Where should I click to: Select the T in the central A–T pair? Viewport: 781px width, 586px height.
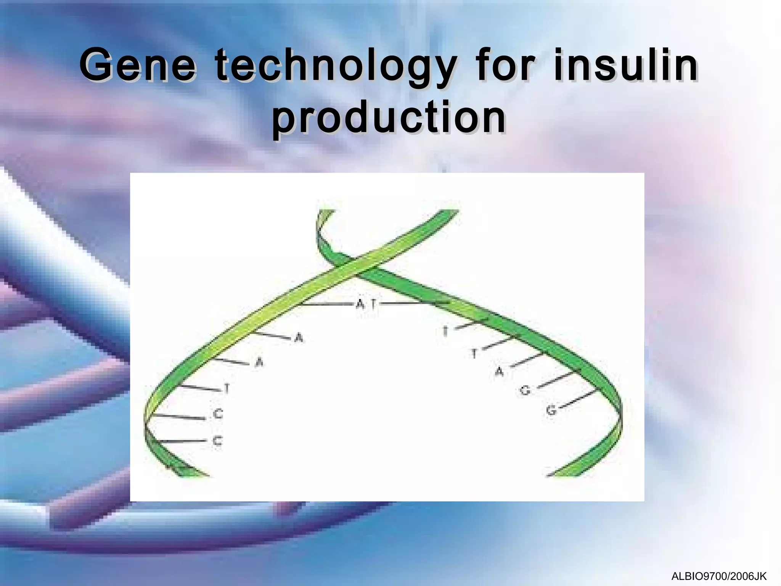click(x=374, y=304)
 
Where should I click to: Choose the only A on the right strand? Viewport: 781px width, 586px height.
click(x=499, y=372)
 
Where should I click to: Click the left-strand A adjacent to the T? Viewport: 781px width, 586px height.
click(x=259, y=362)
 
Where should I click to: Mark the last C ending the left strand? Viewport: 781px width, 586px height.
click(x=217, y=441)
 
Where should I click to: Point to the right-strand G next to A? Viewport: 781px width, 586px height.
click(x=525, y=390)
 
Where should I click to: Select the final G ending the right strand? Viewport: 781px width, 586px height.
click(x=551, y=411)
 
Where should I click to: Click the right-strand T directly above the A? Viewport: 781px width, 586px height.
click(x=474, y=354)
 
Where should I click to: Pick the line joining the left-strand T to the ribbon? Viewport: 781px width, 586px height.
click(x=200, y=388)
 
